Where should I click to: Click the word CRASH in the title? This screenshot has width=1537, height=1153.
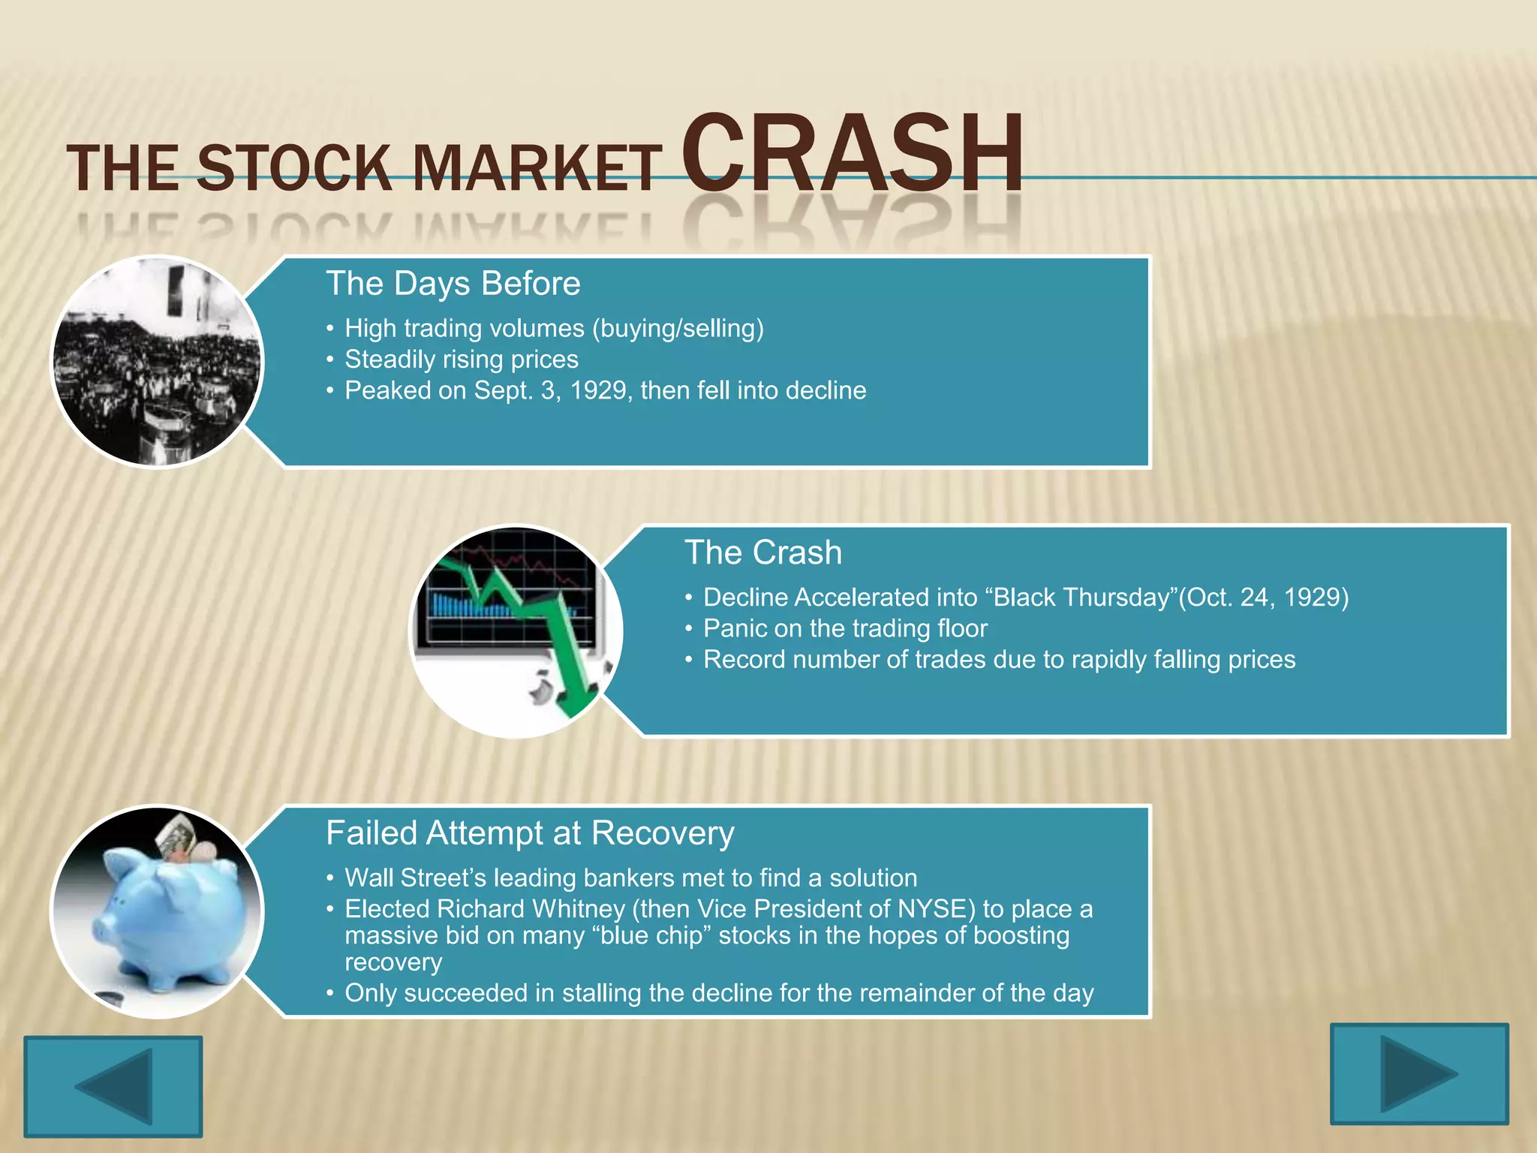click(x=853, y=154)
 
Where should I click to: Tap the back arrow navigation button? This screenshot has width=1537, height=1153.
click(x=113, y=1085)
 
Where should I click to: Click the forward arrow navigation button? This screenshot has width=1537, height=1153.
click(x=1418, y=1073)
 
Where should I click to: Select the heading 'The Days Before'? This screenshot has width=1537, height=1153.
click(x=453, y=284)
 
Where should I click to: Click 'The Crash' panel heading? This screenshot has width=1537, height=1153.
click(x=762, y=552)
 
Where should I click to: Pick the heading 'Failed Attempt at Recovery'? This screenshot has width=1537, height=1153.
click(x=530, y=833)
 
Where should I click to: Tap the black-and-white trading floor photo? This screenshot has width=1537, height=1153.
click(x=157, y=362)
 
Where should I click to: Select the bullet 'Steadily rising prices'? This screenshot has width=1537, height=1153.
click(x=461, y=360)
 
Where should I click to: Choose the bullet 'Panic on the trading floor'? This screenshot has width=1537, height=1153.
click(x=845, y=628)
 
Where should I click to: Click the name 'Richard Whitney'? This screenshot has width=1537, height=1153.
click(x=531, y=909)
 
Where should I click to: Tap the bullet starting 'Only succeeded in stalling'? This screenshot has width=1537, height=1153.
click(x=718, y=993)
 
